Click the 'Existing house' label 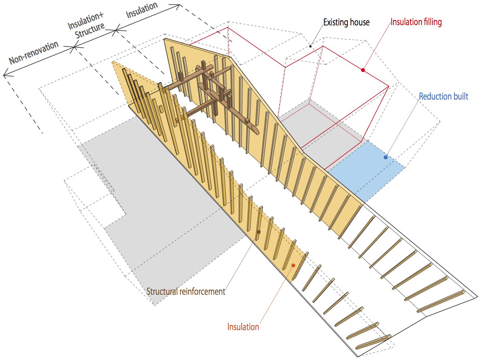[x=346, y=22]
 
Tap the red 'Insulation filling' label [x=416, y=22]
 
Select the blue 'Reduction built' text [x=443, y=96]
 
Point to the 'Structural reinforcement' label [x=186, y=292]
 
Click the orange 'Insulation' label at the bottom [x=243, y=327]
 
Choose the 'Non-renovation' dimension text [x=34, y=52]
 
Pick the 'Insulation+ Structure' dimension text [x=86, y=25]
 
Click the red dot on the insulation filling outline [x=363, y=70]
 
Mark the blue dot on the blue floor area [x=386, y=157]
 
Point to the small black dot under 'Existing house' [x=310, y=46]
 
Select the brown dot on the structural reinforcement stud [x=259, y=232]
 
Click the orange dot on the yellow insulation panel [x=293, y=265]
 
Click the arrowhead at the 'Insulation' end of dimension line [x=177, y=6]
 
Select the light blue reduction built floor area [x=366, y=171]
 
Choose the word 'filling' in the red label [x=431, y=22]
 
